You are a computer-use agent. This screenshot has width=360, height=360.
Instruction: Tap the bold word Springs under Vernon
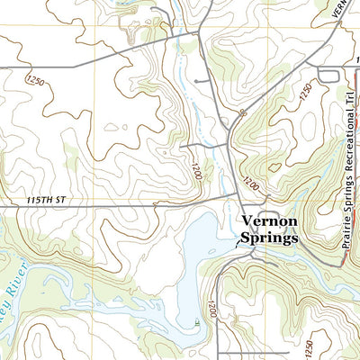[x=269, y=240]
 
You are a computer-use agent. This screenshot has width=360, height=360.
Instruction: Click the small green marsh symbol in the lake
[x=197, y=320]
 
